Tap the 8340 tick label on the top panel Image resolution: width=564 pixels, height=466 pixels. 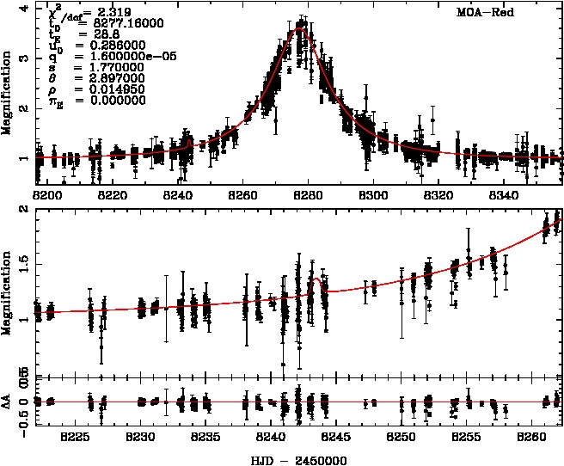click(502, 195)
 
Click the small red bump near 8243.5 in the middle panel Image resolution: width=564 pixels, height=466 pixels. click(318, 279)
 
